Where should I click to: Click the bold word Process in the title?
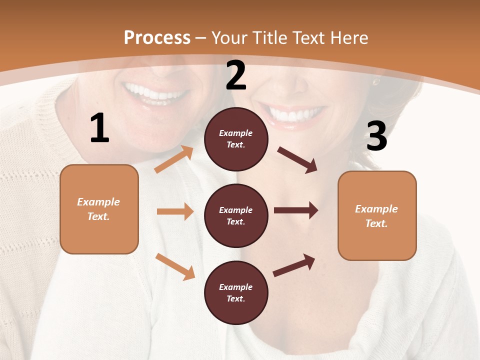tap(157, 37)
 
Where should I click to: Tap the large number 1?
tap(99, 128)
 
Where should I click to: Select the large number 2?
tap(236, 76)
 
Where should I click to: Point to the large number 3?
tap(376, 136)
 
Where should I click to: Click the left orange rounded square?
tap(99, 209)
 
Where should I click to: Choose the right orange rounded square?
tap(377, 215)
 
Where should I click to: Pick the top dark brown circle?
tap(236, 139)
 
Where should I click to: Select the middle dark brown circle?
tap(236, 215)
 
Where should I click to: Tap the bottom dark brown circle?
tap(236, 292)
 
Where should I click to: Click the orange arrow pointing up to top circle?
tap(174, 159)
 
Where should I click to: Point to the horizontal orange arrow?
tap(174, 211)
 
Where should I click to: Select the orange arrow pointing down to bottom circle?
tap(175, 266)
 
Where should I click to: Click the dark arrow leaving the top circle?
tap(297, 160)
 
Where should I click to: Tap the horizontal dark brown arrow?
tap(295, 210)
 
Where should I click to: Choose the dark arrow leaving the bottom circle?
tap(294, 265)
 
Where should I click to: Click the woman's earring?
tap(375, 80)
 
